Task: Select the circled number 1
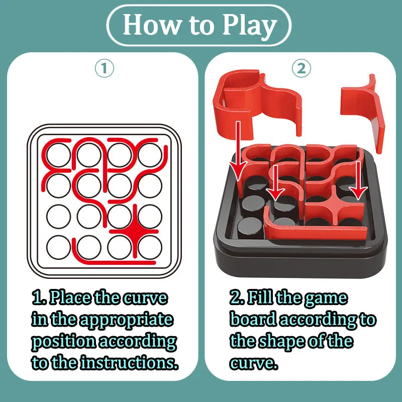pyautogui.click(x=104, y=69)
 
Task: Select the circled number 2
pyautogui.click(x=301, y=69)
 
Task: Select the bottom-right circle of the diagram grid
pyautogui.click(x=150, y=246)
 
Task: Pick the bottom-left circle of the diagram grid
pyautogui.click(x=58, y=246)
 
